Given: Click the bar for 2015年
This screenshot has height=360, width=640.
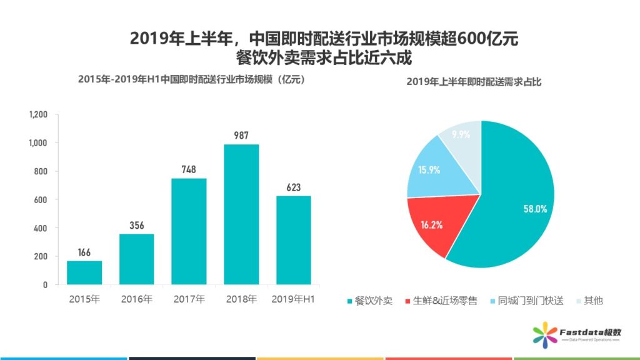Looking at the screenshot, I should pyautogui.click(x=84, y=272).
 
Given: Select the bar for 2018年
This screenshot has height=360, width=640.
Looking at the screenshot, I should pyautogui.click(x=241, y=214).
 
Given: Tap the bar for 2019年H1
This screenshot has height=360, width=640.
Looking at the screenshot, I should pyautogui.click(x=294, y=240).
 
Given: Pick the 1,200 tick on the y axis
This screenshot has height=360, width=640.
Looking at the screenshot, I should pyautogui.click(x=39, y=115).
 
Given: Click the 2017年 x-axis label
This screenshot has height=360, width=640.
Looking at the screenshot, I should pyautogui.click(x=189, y=300).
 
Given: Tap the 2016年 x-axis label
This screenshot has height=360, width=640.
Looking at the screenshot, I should pyautogui.click(x=137, y=300).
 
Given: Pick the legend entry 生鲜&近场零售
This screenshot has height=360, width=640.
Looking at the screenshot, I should pyautogui.click(x=441, y=301).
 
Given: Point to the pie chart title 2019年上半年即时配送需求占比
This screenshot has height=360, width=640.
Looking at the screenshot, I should pyautogui.click(x=474, y=82).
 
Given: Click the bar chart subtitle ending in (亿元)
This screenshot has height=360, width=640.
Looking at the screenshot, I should pyautogui.click(x=191, y=79).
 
